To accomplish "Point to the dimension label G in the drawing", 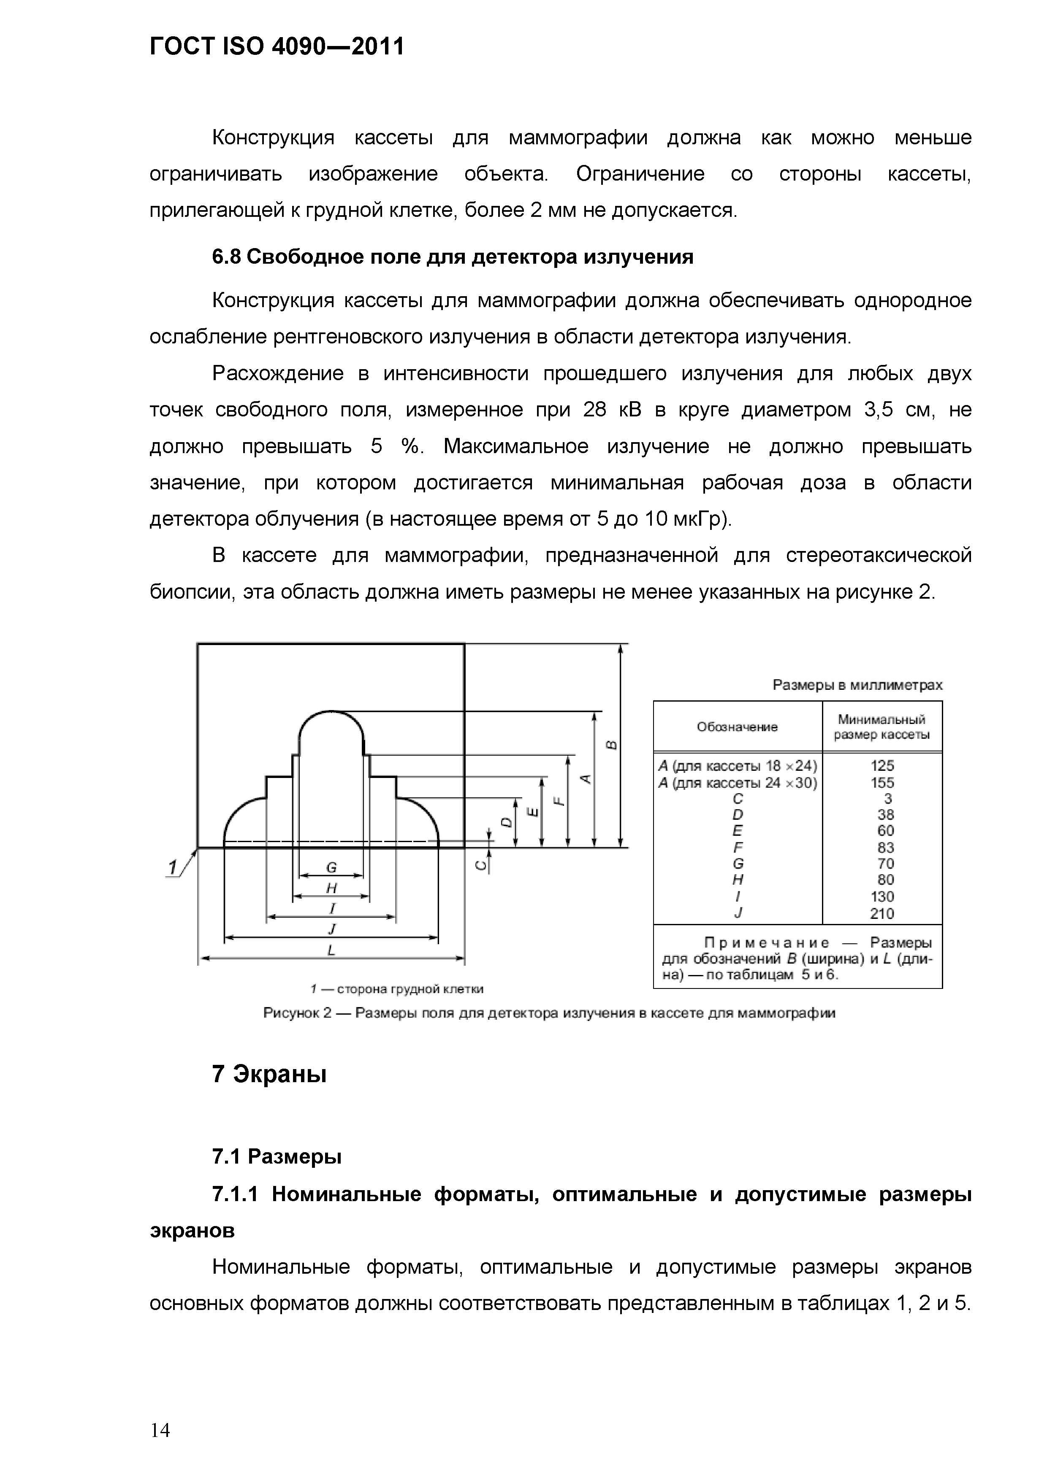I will [x=331, y=868].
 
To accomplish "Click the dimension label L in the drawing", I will [x=331, y=950].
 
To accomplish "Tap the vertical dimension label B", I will [x=612, y=745].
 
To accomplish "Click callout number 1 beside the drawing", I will [x=172, y=868].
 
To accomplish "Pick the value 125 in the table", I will [x=882, y=766].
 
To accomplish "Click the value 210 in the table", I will [x=882, y=913].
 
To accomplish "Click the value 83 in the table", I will [x=885, y=848].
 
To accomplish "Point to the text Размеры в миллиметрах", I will [x=857, y=685].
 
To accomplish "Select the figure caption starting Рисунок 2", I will [x=549, y=1013].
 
